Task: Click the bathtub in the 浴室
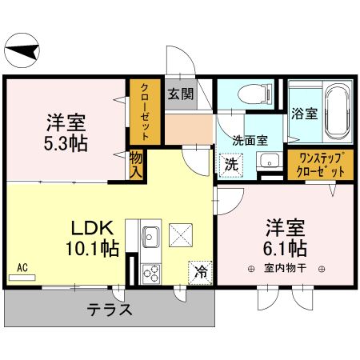pyautogui.click(x=335, y=113)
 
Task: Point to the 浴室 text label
pyautogui.click(x=303, y=114)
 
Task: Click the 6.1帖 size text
pyautogui.click(x=286, y=246)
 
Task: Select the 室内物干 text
pyautogui.click(x=286, y=269)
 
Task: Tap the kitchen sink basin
pyautogui.click(x=150, y=237)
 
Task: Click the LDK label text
pyautogui.click(x=83, y=226)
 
